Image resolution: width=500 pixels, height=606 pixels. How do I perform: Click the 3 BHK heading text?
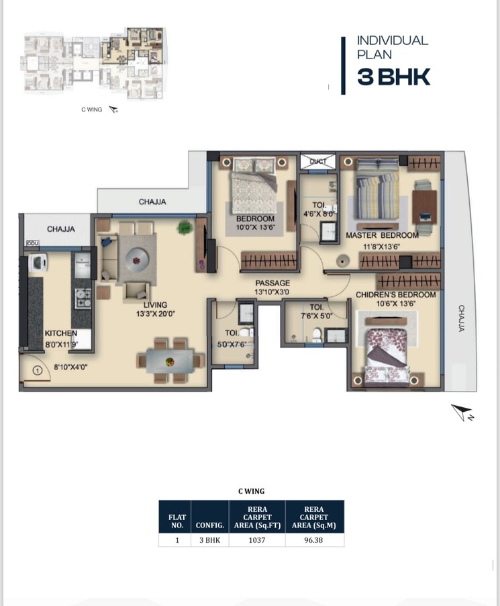pos(393,77)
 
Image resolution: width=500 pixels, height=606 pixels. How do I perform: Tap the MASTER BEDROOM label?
pos(382,235)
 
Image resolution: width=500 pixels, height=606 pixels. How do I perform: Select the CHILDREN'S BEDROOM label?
pos(395,295)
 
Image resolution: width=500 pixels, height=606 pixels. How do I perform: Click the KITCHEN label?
pos(61,333)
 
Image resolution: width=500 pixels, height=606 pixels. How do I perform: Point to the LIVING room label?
pos(155,304)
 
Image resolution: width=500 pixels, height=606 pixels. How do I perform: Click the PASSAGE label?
pos(272,283)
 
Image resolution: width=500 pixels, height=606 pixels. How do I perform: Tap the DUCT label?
pos(317,161)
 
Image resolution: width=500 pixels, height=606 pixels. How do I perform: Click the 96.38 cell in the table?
pos(314,539)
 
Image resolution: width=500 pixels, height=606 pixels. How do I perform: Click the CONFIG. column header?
pos(209,525)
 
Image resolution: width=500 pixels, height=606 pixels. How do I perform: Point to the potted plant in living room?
pos(184,228)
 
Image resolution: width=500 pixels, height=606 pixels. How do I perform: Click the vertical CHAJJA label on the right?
pos(462,318)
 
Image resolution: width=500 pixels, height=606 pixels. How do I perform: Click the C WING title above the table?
pos(251,491)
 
